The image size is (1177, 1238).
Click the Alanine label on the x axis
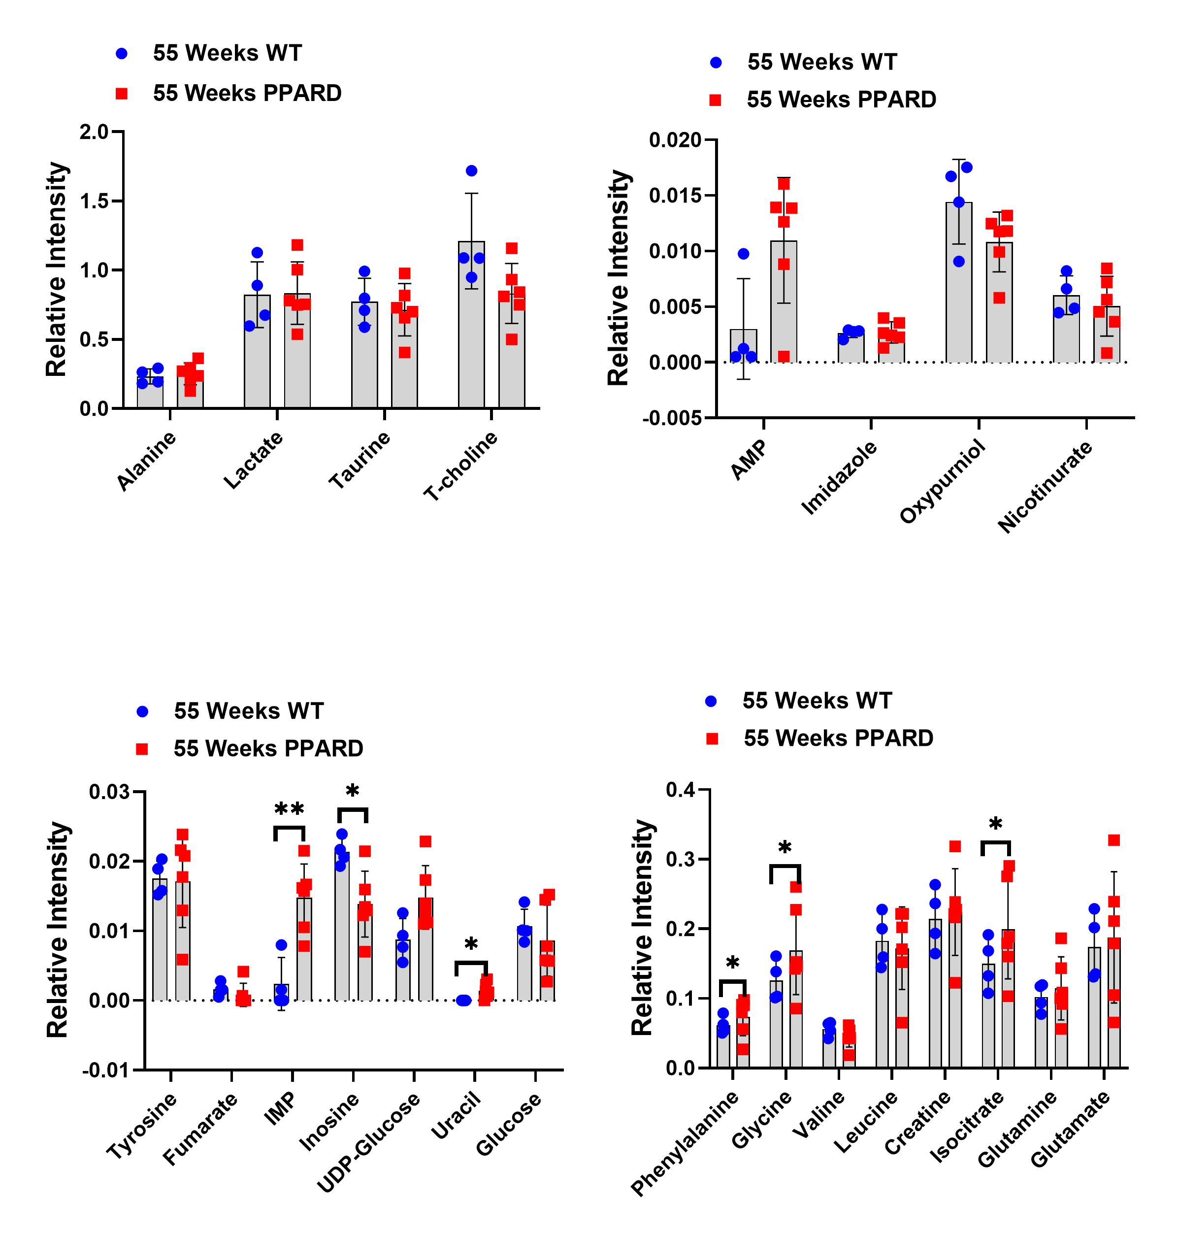pos(147,461)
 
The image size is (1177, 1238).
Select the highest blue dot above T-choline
pos(471,170)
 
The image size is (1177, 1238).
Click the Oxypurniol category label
pos(943,481)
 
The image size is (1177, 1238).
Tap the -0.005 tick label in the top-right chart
pos(672,418)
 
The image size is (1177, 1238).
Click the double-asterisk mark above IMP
pos(289,810)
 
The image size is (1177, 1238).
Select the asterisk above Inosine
pos(353,792)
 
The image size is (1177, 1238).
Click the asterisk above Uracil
pos(471,945)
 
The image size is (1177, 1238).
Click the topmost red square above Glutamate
pos(1113,840)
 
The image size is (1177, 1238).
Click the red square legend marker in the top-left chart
pos(122,94)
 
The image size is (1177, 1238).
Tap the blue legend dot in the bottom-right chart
pos(711,702)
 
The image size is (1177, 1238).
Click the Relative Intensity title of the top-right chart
pos(619,278)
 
